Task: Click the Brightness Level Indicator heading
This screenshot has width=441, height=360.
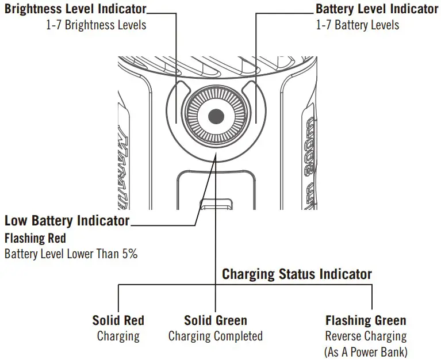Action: [x=75, y=9]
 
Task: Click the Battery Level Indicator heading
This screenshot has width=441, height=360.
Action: [x=377, y=9]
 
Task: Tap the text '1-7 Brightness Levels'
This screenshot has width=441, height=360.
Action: [x=96, y=25]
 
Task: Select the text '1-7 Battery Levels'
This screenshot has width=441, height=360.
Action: [x=357, y=25]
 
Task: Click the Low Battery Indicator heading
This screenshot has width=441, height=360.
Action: [x=67, y=221]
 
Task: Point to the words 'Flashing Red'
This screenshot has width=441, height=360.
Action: [x=35, y=238]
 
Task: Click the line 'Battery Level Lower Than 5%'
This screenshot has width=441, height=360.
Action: [x=71, y=254]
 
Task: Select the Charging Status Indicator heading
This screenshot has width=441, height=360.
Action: [x=297, y=274]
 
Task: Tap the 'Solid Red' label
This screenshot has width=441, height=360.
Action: [x=118, y=320]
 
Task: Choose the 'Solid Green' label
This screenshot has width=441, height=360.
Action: [x=215, y=320]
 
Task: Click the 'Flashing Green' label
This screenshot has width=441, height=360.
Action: [x=366, y=320]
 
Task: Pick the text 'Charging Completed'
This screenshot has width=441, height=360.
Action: [x=215, y=336]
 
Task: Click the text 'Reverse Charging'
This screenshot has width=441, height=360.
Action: [x=366, y=336]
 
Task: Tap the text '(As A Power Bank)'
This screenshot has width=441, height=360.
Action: [x=366, y=351]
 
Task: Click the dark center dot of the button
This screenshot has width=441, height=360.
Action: [x=216, y=116]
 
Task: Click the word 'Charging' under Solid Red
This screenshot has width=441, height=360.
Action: [x=118, y=336]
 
